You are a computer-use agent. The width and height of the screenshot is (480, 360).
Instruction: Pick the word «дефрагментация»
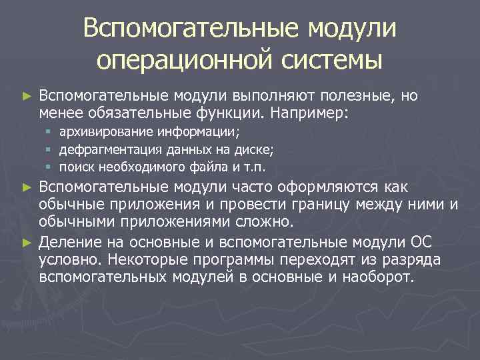(x=104, y=149)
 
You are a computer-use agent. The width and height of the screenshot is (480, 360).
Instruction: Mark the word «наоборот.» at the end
(x=378, y=275)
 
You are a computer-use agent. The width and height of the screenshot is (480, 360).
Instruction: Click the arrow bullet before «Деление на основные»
(x=27, y=241)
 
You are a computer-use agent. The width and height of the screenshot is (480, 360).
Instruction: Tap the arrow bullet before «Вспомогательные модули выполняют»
(x=27, y=97)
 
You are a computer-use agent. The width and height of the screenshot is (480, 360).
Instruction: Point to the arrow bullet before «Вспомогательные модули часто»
(x=27, y=187)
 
